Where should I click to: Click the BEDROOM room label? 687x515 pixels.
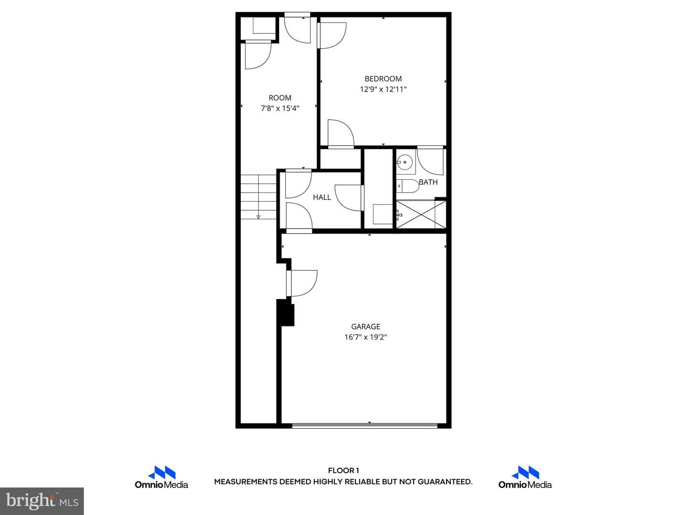tap(383, 79)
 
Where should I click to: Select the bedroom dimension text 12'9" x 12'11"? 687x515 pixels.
tap(383, 90)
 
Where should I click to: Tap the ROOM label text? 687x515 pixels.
tap(280, 98)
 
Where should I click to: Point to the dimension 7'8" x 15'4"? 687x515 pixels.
tap(280, 109)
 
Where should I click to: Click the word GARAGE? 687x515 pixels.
tap(365, 327)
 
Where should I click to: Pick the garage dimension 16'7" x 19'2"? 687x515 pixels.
tap(365, 338)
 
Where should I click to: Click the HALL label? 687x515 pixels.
tap(322, 197)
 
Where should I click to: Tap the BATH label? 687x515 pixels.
tap(428, 182)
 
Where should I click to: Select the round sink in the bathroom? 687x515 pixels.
tap(405, 162)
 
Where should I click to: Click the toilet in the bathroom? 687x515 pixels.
tap(408, 186)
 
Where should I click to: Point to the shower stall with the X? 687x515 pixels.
tap(421, 215)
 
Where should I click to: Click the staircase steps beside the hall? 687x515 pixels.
tap(259, 197)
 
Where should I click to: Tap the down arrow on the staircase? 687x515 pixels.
tap(259, 216)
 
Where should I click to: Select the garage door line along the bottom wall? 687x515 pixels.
tap(364, 425)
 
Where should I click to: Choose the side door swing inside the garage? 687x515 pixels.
tap(302, 283)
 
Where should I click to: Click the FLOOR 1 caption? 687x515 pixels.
tap(343, 471)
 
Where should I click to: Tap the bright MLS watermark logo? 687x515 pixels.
tap(42, 501)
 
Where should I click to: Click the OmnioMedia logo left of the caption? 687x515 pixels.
tap(162, 477)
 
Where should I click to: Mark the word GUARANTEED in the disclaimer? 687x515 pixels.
tap(445, 482)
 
